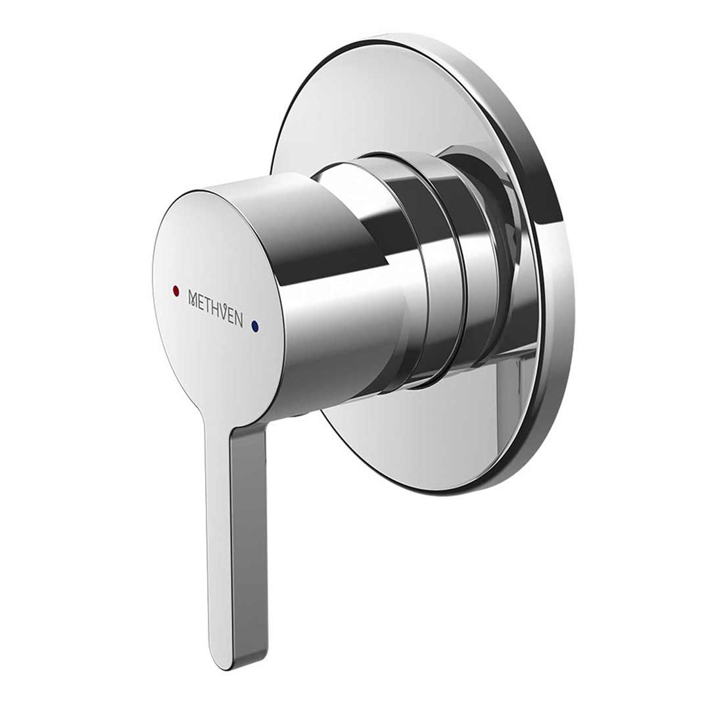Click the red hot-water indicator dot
pyautogui.click(x=175, y=290)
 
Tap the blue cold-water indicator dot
pyautogui.click(x=255, y=325)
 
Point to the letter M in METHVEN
pyautogui.click(x=193, y=298)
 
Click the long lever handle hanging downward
pyautogui.click(x=237, y=539)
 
